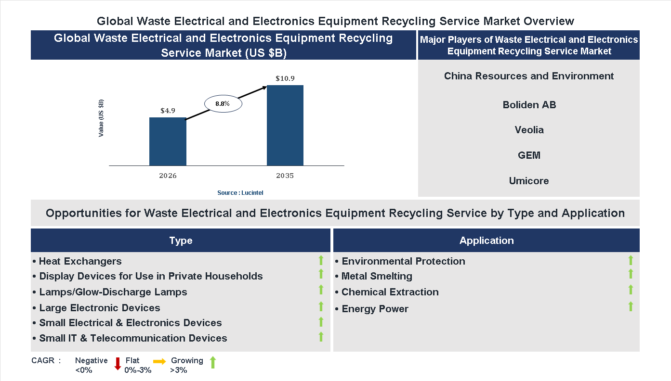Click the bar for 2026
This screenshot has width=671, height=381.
click(168, 141)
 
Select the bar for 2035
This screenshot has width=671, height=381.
click(285, 126)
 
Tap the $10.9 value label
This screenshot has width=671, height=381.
click(285, 78)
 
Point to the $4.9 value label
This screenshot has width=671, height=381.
click(168, 111)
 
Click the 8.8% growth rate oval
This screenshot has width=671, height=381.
click(223, 103)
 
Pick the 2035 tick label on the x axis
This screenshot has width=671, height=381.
click(285, 176)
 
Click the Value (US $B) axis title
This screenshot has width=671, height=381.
click(101, 118)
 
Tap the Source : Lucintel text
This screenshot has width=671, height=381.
click(240, 193)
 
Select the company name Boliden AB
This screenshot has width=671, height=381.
click(529, 105)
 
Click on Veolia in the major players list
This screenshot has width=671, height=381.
click(529, 130)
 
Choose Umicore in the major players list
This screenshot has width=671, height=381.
click(529, 181)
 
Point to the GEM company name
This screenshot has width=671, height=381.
click(529, 155)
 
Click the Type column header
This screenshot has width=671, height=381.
click(181, 241)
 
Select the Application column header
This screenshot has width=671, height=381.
click(487, 241)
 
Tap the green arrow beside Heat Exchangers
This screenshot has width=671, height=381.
click(321, 261)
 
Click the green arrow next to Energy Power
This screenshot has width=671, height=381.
click(631, 306)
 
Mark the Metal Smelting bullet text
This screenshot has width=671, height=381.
click(377, 276)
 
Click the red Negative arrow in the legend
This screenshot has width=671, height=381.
click(118, 363)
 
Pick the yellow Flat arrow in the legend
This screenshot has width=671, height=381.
click(159, 361)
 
